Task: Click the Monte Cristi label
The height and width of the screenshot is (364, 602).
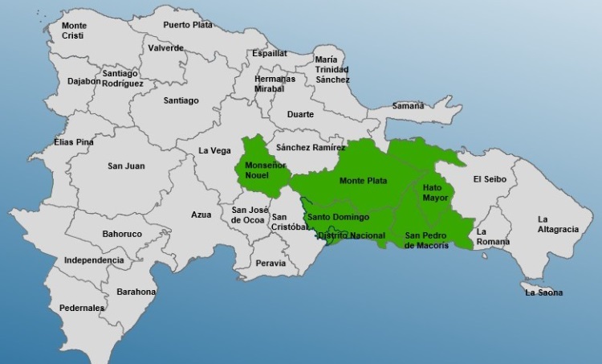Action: pyautogui.click(x=74, y=31)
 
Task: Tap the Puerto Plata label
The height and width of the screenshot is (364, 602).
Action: pyautogui.click(x=188, y=25)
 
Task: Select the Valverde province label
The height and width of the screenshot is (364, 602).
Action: pyautogui.click(x=165, y=47)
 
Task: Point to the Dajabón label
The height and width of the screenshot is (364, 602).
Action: pyautogui.click(x=83, y=80)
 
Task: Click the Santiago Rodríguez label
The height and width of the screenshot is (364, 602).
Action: pyautogui.click(x=123, y=79)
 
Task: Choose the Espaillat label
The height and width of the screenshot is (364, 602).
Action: pyautogui.click(x=269, y=53)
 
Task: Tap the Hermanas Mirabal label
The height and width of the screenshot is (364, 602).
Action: pyautogui.click(x=275, y=84)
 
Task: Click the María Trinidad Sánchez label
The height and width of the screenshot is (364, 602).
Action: pyautogui.click(x=332, y=69)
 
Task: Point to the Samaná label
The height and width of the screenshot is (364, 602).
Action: pyautogui.click(x=408, y=106)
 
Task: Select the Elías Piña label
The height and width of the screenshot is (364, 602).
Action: pyautogui.click(x=74, y=141)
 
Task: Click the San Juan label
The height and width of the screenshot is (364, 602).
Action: pyautogui.click(x=126, y=166)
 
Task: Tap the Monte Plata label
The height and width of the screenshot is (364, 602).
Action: pyautogui.click(x=363, y=181)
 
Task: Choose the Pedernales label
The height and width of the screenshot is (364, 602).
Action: pyautogui.click(x=82, y=308)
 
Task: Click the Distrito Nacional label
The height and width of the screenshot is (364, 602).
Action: pyautogui.click(x=351, y=235)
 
